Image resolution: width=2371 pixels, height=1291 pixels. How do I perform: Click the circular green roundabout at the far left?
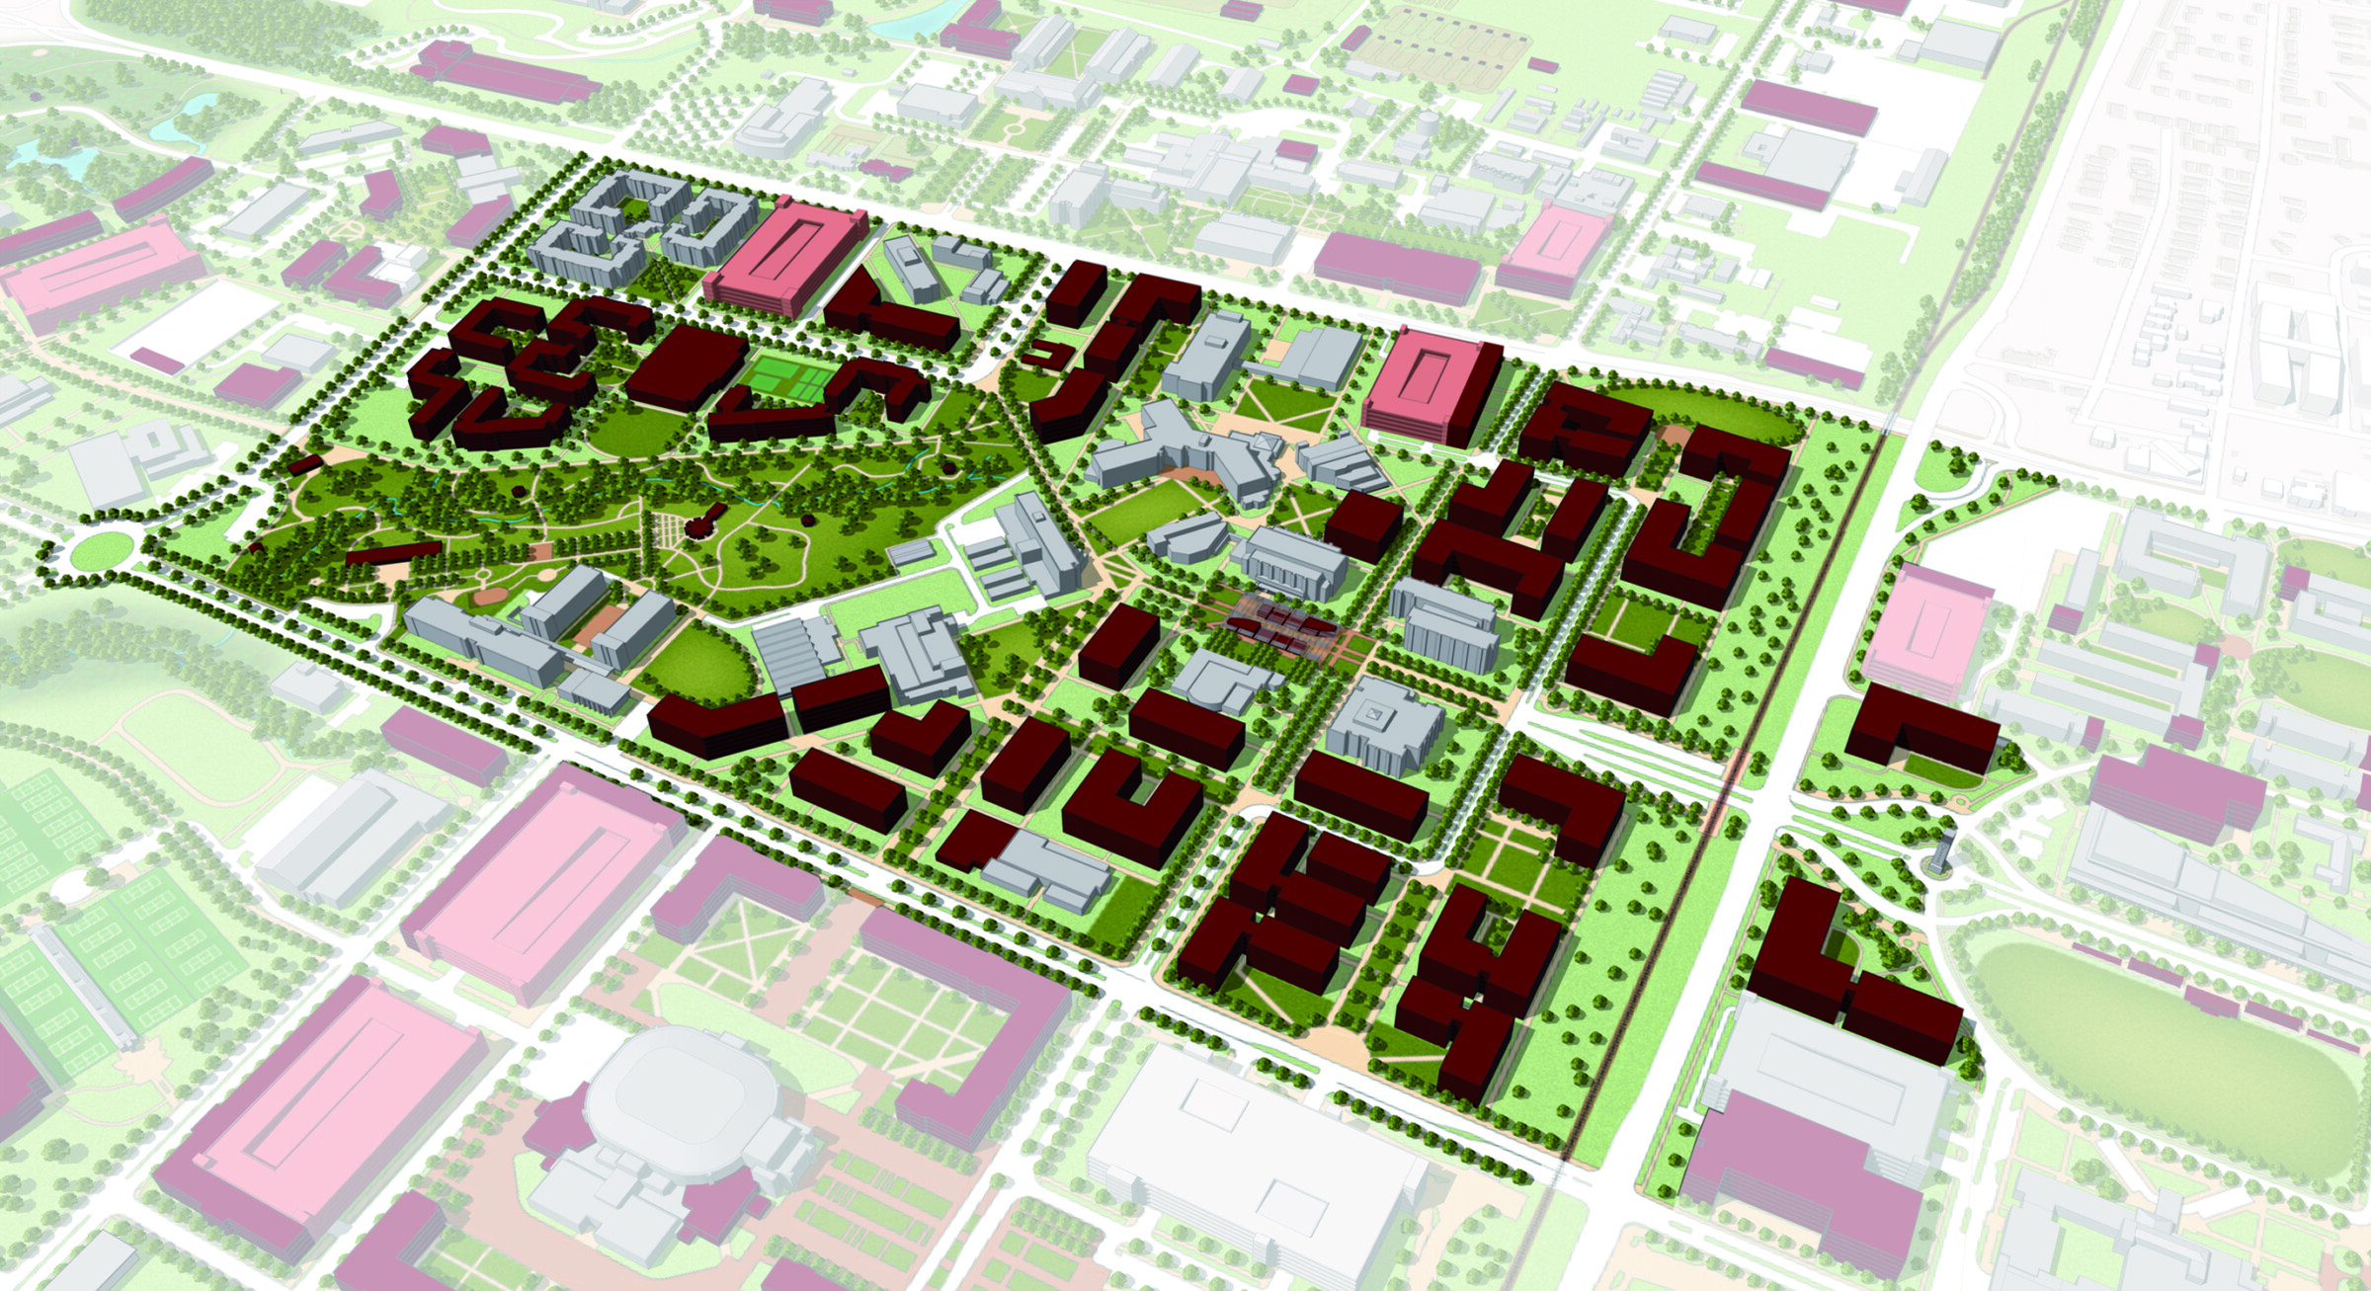click(102, 549)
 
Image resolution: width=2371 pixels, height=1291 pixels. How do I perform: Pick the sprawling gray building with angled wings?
click(1185, 454)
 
